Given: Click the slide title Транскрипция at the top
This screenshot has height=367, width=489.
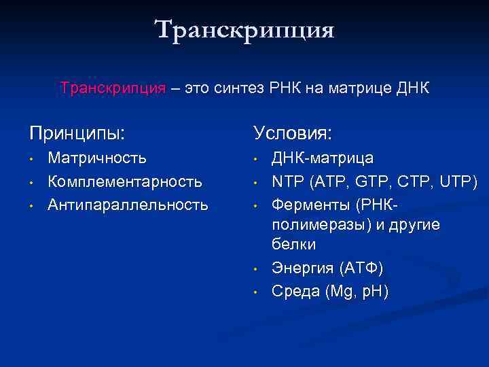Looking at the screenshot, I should [244, 31].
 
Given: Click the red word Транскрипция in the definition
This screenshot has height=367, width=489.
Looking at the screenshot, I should [112, 89].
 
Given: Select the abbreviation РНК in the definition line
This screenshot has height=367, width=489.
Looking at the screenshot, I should [293, 89].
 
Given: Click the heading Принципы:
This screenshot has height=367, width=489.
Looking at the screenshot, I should [77, 132].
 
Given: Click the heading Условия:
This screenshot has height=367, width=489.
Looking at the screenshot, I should [293, 132].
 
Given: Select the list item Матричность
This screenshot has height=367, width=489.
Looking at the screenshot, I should [97, 158].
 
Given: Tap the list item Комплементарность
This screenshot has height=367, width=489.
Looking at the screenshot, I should [125, 181].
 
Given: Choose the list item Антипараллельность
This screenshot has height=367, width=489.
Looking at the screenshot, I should [128, 205].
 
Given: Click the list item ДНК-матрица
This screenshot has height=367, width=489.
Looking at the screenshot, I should [323, 158].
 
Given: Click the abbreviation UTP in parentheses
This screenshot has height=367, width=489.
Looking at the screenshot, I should [459, 181].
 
